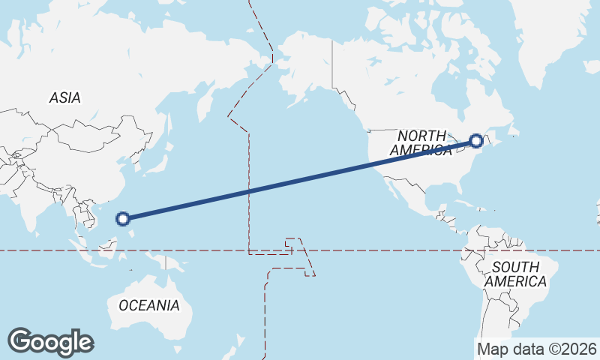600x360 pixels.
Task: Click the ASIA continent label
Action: pyautogui.click(x=64, y=97)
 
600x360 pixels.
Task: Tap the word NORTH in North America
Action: pyautogui.click(x=422, y=135)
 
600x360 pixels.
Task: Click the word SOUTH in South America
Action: pyautogui.click(x=516, y=267)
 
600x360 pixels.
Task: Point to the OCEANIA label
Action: pyautogui.click(x=149, y=305)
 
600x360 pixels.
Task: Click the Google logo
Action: pyautogui.click(x=50, y=342)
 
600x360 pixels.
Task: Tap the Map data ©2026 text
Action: pyautogui.click(x=536, y=349)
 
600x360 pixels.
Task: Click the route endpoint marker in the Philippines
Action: pyautogui.click(x=124, y=219)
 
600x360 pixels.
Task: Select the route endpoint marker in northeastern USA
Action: pyautogui.click(x=476, y=140)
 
